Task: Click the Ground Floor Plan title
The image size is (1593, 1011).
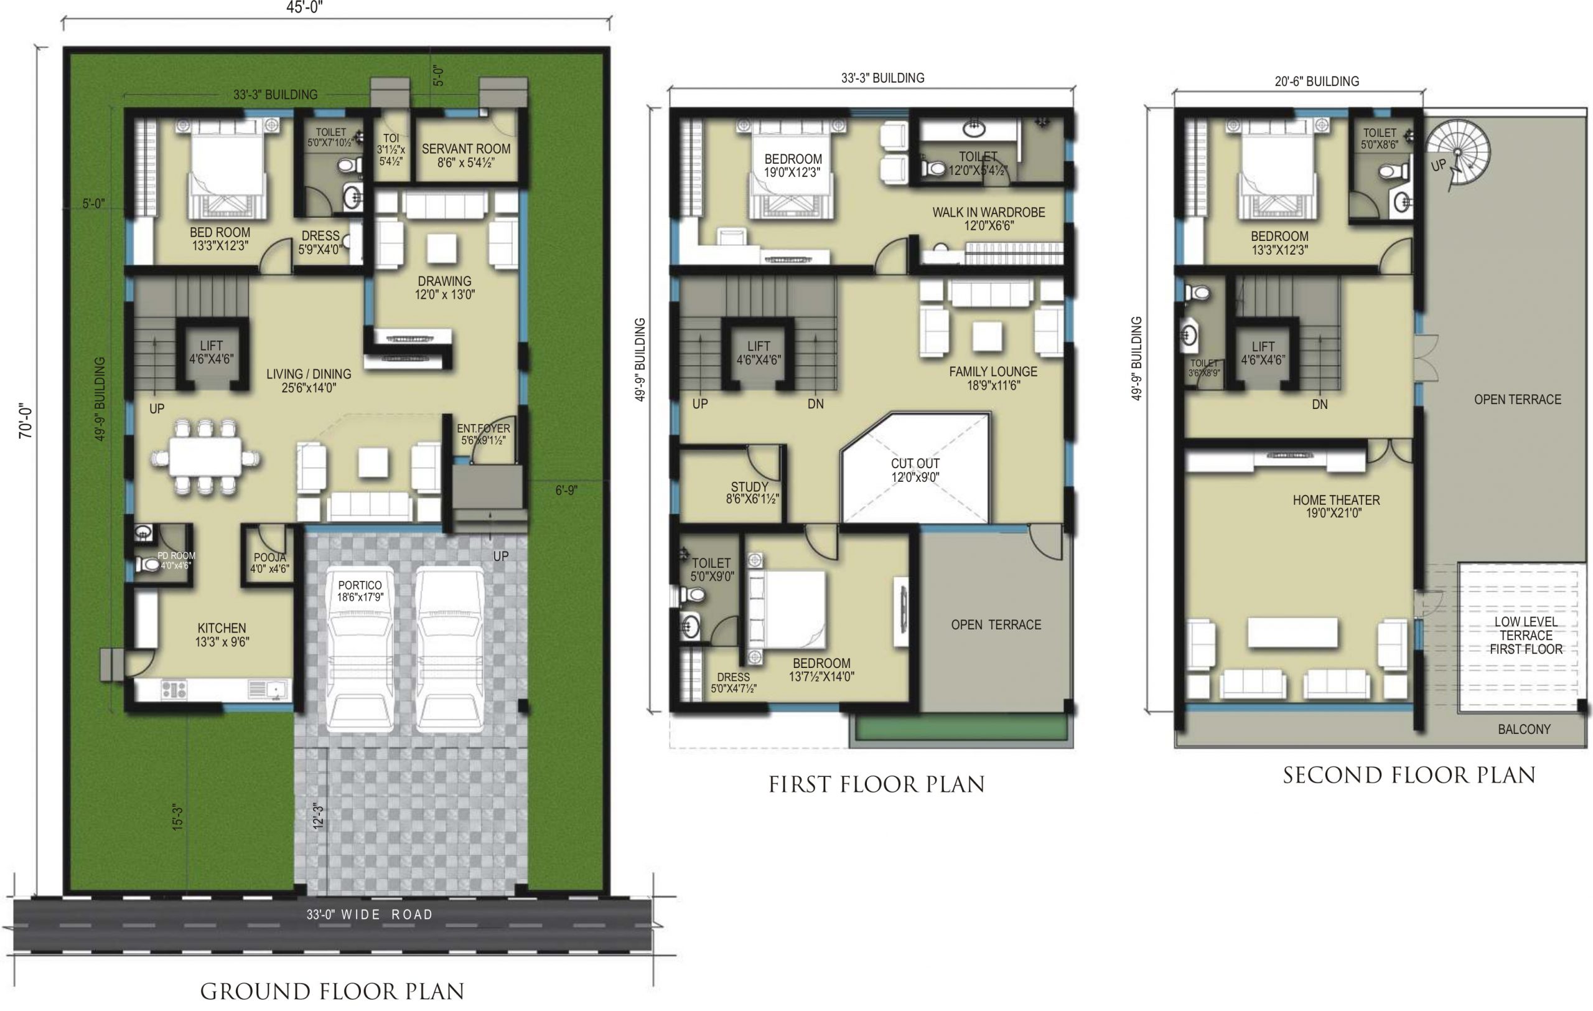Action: coord(332,991)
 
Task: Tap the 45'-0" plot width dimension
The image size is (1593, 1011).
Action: coord(304,7)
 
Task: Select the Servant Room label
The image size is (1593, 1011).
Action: coord(465,156)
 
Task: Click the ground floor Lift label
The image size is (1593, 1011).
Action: coord(211,352)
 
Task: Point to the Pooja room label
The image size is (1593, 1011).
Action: coord(269,563)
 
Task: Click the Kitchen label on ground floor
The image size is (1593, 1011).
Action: coord(222,634)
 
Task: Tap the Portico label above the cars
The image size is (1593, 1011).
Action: coord(360,591)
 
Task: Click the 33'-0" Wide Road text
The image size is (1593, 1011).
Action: coord(369,915)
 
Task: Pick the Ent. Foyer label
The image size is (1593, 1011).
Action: coord(484,434)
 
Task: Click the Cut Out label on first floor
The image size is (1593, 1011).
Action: coord(915,470)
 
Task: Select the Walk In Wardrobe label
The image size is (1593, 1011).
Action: coord(988,219)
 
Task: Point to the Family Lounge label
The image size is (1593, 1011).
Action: coord(993,379)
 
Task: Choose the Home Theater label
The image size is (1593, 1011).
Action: coord(1337,506)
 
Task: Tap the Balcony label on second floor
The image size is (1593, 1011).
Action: coord(1524,729)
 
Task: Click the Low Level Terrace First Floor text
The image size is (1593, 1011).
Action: coord(1526,635)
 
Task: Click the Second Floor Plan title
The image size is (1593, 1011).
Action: coord(1409,776)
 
